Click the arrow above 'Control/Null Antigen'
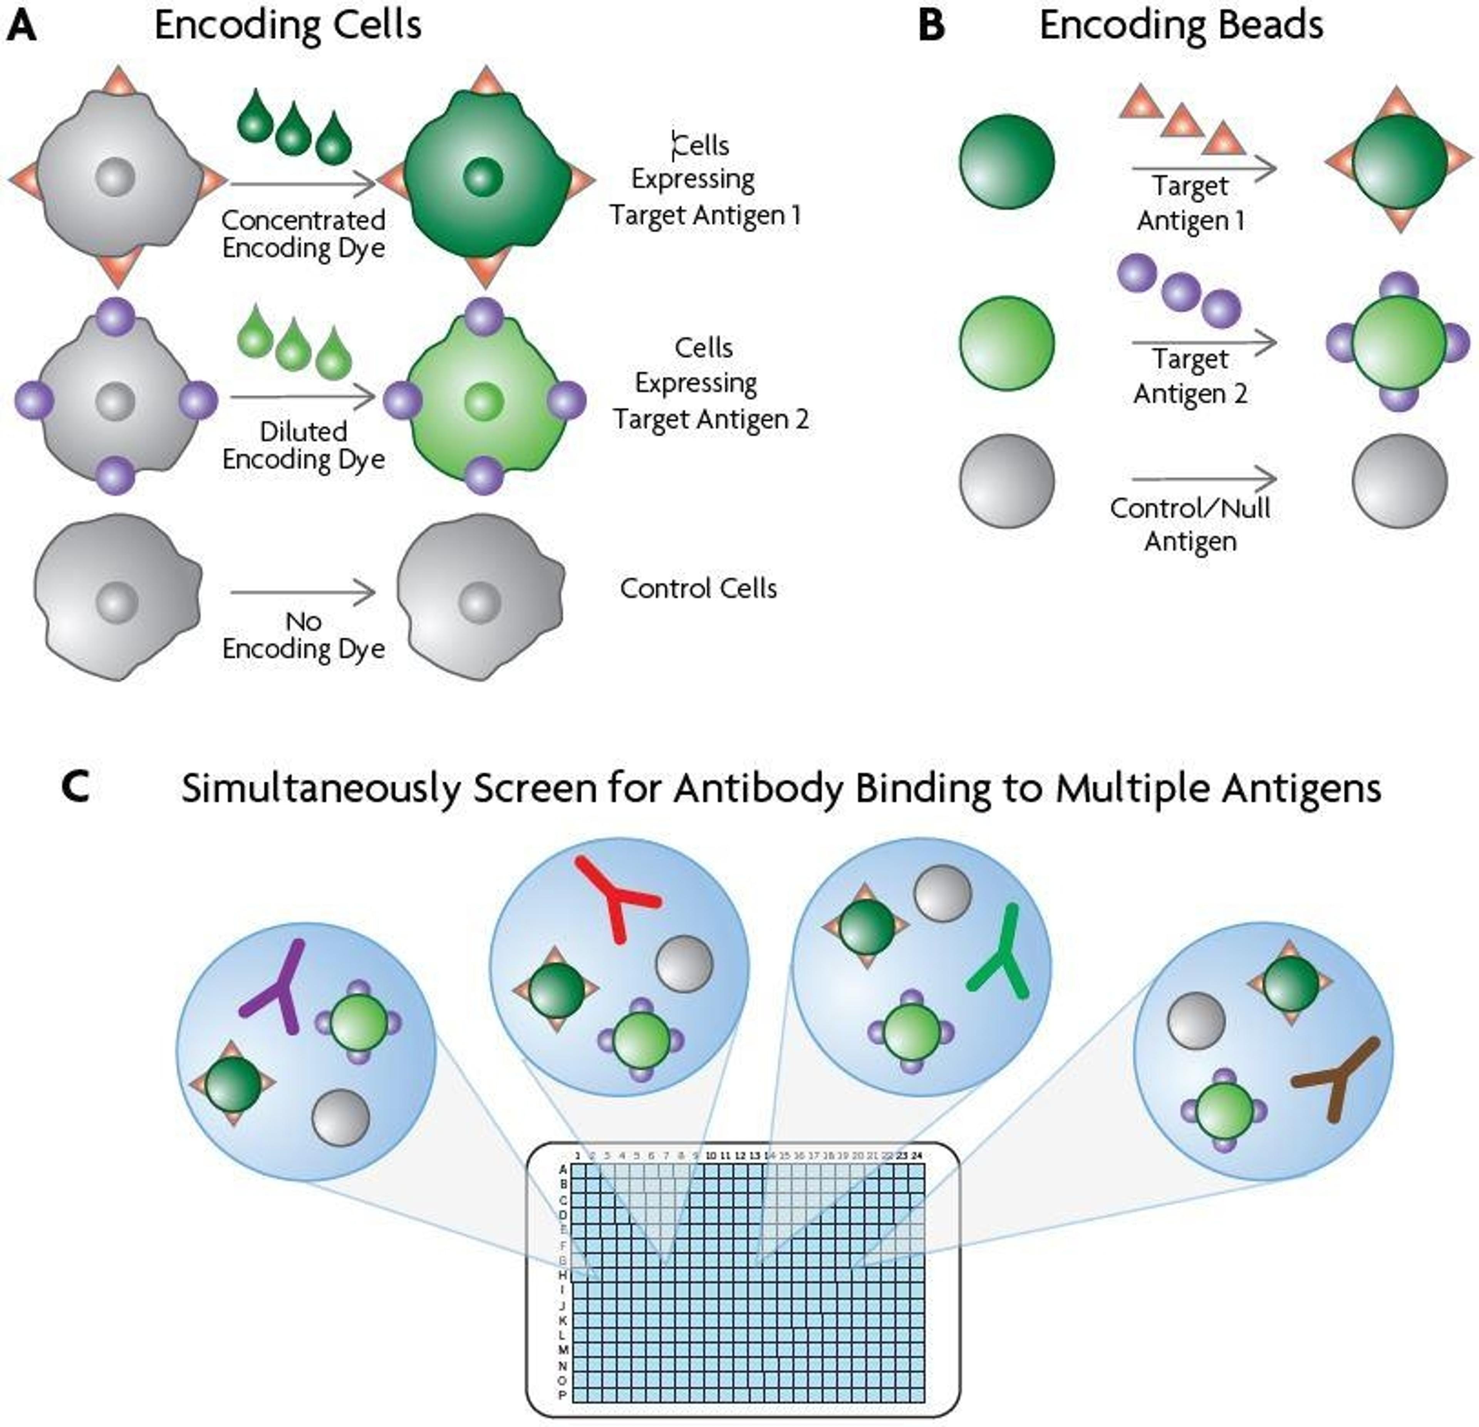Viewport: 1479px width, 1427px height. pos(1204,479)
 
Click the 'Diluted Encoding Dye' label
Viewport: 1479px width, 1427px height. pos(304,445)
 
